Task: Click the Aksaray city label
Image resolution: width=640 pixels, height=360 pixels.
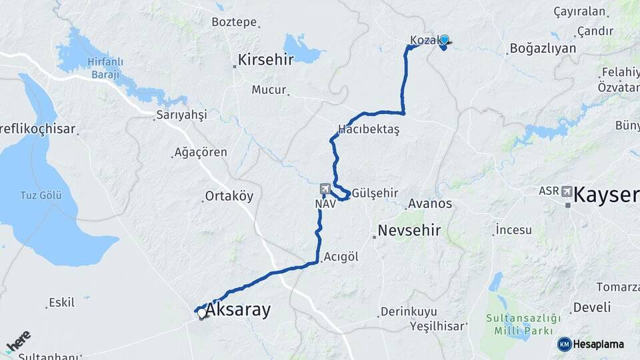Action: click(x=238, y=310)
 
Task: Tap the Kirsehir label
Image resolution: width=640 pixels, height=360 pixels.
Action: click(x=267, y=60)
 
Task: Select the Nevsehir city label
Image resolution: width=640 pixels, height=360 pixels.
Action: click(x=409, y=231)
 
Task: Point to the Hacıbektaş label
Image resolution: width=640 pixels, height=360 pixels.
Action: click(x=368, y=130)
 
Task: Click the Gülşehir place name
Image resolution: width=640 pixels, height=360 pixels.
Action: click(x=375, y=193)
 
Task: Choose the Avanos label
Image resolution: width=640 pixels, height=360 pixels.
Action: click(x=430, y=203)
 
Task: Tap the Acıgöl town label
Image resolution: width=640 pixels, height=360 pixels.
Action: click(x=341, y=257)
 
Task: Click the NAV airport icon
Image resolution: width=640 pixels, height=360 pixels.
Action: click(x=325, y=189)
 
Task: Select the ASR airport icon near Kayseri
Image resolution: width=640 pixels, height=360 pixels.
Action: click(x=567, y=191)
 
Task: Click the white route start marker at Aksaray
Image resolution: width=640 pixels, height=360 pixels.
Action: click(x=201, y=312)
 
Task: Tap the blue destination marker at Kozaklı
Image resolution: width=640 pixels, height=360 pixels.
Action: click(x=444, y=41)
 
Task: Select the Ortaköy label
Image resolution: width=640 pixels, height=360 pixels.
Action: click(x=229, y=197)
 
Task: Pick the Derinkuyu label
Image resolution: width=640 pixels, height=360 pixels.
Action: click(x=409, y=311)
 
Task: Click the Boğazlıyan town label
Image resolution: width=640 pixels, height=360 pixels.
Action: click(x=542, y=48)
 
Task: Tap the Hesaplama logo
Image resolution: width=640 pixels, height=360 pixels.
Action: click(x=591, y=344)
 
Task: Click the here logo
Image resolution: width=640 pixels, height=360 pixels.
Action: click(x=19, y=341)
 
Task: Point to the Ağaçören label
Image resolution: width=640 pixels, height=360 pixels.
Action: click(x=201, y=153)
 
